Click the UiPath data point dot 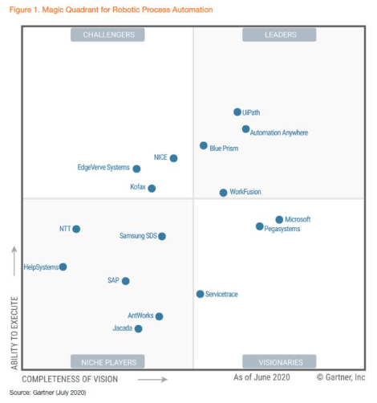237,112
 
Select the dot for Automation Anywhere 245,129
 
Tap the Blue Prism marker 203,146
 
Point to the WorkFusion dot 223,193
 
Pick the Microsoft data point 279,219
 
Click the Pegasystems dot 259,227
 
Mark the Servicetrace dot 200,294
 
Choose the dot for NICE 173,158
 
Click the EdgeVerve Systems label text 103,168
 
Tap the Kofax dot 152,189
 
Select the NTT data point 76,229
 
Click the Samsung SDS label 137,236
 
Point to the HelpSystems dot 63,267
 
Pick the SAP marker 125,281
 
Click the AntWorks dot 160,316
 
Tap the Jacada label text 122,328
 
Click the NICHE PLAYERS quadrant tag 107,361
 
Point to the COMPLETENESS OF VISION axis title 70,378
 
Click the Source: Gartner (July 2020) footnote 47,393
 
